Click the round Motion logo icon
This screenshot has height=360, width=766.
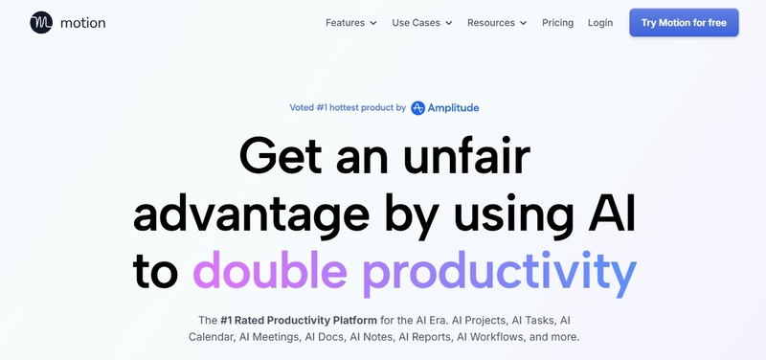coord(41,22)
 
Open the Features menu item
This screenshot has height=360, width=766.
coord(345,23)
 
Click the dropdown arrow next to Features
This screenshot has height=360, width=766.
coord(373,23)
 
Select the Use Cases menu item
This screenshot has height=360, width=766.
coord(415,23)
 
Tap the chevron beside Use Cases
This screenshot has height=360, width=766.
coord(448,23)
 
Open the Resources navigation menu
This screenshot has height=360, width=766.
coord(490,23)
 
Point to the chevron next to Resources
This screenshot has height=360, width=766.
coord(523,23)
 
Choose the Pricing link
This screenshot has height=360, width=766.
coord(557,23)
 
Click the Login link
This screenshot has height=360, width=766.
coord(600,23)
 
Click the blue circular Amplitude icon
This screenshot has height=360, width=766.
coord(418,108)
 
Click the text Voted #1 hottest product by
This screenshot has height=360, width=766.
coord(348,108)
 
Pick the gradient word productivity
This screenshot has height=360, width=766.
coord(499,273)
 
